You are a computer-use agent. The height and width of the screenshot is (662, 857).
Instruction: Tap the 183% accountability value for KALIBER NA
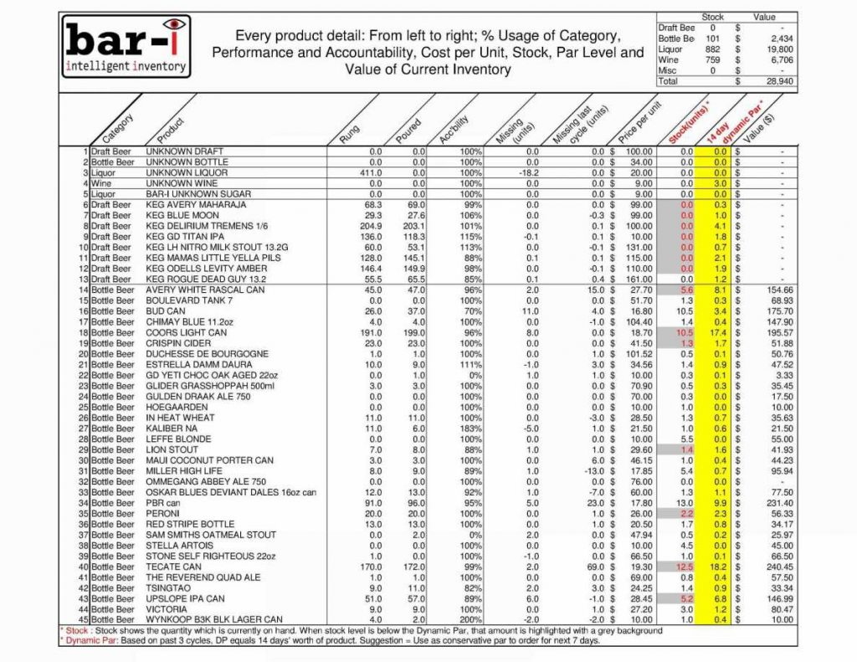pos(470,429)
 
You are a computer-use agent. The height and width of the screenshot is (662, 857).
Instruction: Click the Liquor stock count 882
pos(689,49)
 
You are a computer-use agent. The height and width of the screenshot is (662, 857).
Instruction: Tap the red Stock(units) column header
pos(688,122)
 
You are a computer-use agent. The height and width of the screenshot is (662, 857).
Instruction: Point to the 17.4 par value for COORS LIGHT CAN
pos(718,332)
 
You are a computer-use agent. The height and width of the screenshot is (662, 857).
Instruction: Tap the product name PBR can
pos(163,503)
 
